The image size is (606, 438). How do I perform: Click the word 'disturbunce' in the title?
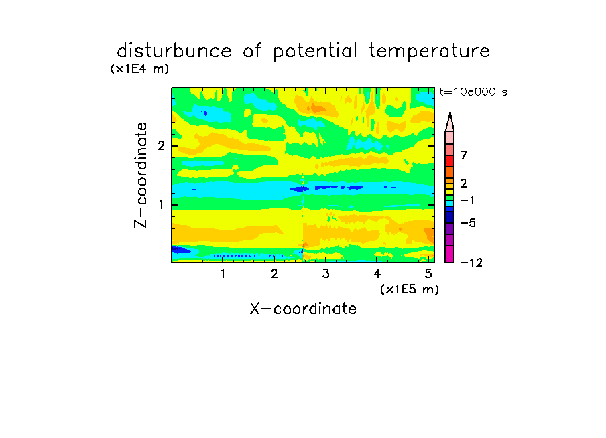pyautogui.click(x=174, y=51)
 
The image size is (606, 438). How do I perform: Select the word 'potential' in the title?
pyautogui.click(x=315, y=52)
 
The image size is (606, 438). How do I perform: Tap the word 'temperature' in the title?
pyautogui.click(x=429, y=52)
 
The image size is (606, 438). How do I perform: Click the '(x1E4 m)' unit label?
pyautogui.click(x=139, y=69)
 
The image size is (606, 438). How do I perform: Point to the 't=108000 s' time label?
pyautogui.click(x=473, y=92)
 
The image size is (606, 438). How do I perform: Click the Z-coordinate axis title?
pyautogui.click(x=141, y=175)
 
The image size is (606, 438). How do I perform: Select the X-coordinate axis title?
pyautogui.click(x=303, y=309)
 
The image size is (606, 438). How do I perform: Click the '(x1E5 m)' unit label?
pyautogui.click(x=410, y=289)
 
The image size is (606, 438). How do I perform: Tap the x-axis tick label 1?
pyautogui.click(x=223, y=274)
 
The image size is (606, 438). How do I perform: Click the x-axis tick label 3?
pyautogui.click(x=326, y=274)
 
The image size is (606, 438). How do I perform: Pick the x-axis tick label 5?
pyautogui.click(x=428, y=274)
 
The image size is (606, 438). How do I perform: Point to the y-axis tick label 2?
pyautogui.click(x=161, y=146)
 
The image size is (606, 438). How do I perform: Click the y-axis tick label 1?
pyautogui.click(x=161, y=205)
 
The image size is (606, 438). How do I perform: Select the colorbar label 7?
pyautogui.click(x=464, y=155)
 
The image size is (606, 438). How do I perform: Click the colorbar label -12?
pyautogui.click(x=471, y=263)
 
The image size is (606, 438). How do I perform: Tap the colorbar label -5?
pyautogui.click(x=468, y=223)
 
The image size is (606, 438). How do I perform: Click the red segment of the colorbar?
pyautogui.click(x=450, y=161)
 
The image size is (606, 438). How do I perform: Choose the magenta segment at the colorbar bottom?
pyautogui.click(x=450, y=254)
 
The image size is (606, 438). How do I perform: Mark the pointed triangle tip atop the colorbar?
pyautogui.click(x=450, y=113)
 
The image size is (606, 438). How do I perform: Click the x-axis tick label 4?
pyautogui.click(x=377, y=274)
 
